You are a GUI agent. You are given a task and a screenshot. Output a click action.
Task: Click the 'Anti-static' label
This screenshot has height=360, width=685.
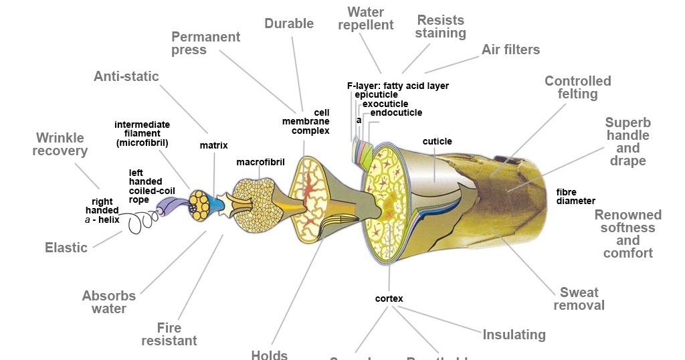[126, 76]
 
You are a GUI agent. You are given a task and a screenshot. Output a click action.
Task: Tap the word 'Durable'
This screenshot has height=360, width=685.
[289, 23]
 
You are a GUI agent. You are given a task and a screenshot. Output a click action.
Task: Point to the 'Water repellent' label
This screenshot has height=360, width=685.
[365, 19]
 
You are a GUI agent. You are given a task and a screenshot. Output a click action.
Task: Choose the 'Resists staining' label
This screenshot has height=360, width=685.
[440, 26]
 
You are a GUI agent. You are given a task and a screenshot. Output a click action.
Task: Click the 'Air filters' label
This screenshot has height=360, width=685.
[510, 50]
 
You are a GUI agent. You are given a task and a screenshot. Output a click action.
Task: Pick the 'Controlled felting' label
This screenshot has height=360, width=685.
[577, 87]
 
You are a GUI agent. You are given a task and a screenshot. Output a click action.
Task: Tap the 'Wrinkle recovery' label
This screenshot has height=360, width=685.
[60, 144]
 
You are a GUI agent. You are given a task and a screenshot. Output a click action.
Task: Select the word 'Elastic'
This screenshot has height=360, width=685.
[66, 248]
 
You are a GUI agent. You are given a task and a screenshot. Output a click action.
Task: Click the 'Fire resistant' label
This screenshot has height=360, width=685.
[169, 334]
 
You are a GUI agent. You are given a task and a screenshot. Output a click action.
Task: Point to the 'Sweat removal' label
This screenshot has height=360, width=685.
[579, 298]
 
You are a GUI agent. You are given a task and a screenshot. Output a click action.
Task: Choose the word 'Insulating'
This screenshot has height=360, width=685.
[514, 335]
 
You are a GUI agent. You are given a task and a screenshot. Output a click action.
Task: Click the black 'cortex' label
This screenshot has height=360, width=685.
[389, 298]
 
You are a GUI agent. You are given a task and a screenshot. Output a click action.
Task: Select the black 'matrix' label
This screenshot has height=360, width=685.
[214, 145]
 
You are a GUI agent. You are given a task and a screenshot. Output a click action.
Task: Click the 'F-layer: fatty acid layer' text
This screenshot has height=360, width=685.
[397, 86]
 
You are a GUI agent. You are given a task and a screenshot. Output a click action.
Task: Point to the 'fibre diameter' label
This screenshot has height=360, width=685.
[575, 197]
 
